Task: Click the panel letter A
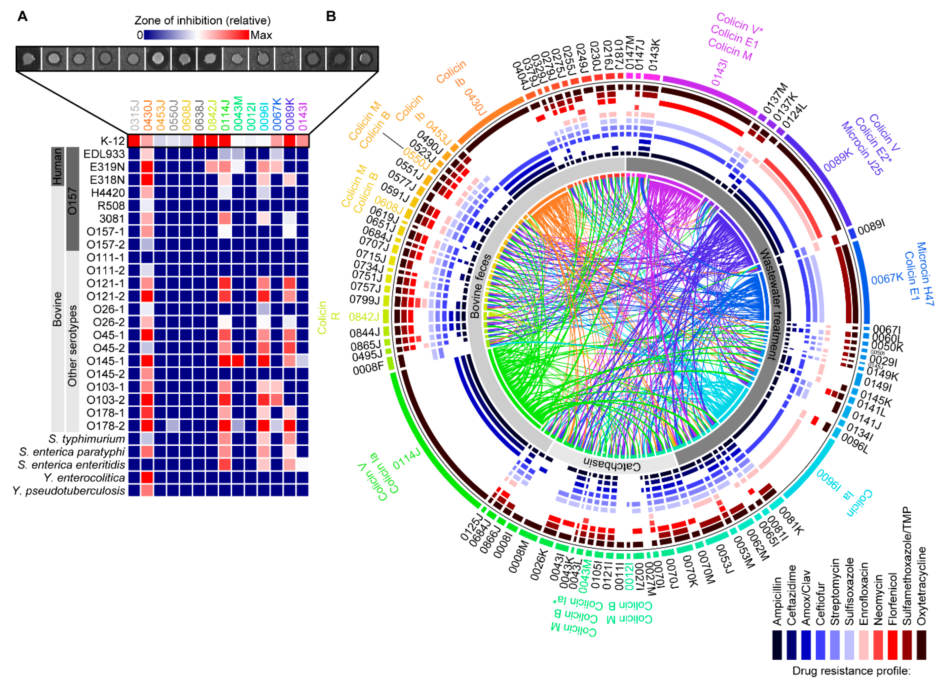pyautogui.click(x=23, y=17)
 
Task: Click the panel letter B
pyautogui.click(x=331, y=17)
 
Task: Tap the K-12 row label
pyautogui.click(x=113, y=141)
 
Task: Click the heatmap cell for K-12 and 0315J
pyautogui.click(x=134, y=141)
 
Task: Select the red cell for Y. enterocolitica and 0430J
pyautogui.click(x=147, y=478)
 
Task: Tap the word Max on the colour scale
pyautogui.click(x=261, y=35)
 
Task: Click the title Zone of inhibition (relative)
pyautogui.click(x=202, y=20)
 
